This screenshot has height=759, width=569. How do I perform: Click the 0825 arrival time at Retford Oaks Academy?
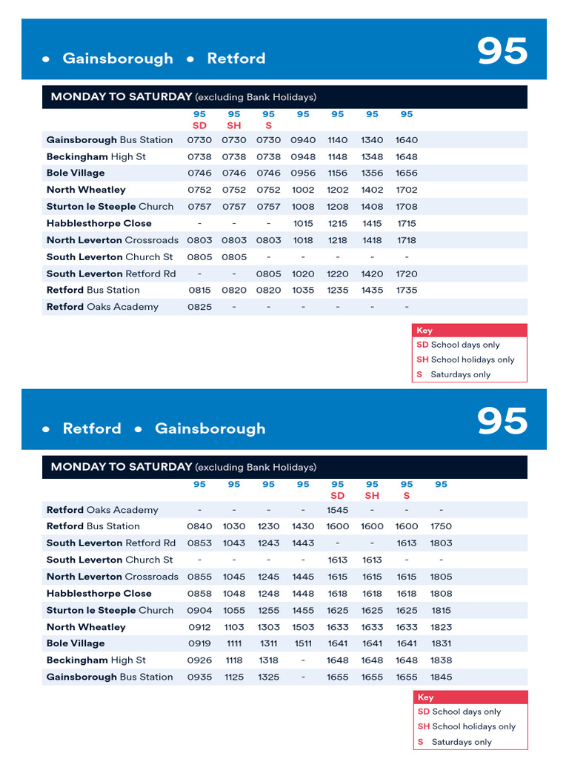[x=199, y=307]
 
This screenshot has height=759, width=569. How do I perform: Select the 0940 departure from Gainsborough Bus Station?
[x=303, y=139]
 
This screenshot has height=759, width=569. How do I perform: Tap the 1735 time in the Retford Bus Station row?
[x=407, y=290]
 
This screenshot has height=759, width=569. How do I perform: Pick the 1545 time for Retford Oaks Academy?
[x=338, y=510]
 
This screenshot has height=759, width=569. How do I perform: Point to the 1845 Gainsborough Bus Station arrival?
[x=442, y=677]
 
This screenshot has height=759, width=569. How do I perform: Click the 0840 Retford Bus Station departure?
[x=199, y=526]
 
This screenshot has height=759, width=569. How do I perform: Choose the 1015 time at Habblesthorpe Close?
[x=303, y=223]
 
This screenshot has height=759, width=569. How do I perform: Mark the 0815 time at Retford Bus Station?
[x=199, y=290]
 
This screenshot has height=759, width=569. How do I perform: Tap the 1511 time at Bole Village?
[x=303, y=643]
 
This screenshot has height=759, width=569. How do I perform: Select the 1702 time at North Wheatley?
[x=407, y=190]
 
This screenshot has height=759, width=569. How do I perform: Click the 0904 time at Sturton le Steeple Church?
[x=199, y=610]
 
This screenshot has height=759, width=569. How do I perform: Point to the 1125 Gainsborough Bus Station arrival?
[x=234, y=677]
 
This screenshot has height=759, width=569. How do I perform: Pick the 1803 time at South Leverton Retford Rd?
[x=442, y=543]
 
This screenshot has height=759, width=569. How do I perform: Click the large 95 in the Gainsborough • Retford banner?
[x=502, y=52]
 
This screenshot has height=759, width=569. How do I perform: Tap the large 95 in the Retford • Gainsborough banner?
[x=502, y=422]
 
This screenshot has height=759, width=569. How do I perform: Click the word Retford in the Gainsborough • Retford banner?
[x=236, y=59]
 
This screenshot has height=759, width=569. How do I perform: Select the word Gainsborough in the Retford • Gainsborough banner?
[x=210, y=428]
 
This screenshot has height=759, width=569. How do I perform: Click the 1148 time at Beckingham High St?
[x=338, y=156]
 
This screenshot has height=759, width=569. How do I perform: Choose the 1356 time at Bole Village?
[x=372, y=173]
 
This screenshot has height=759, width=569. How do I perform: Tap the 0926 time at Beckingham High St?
[x=199, y=660]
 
